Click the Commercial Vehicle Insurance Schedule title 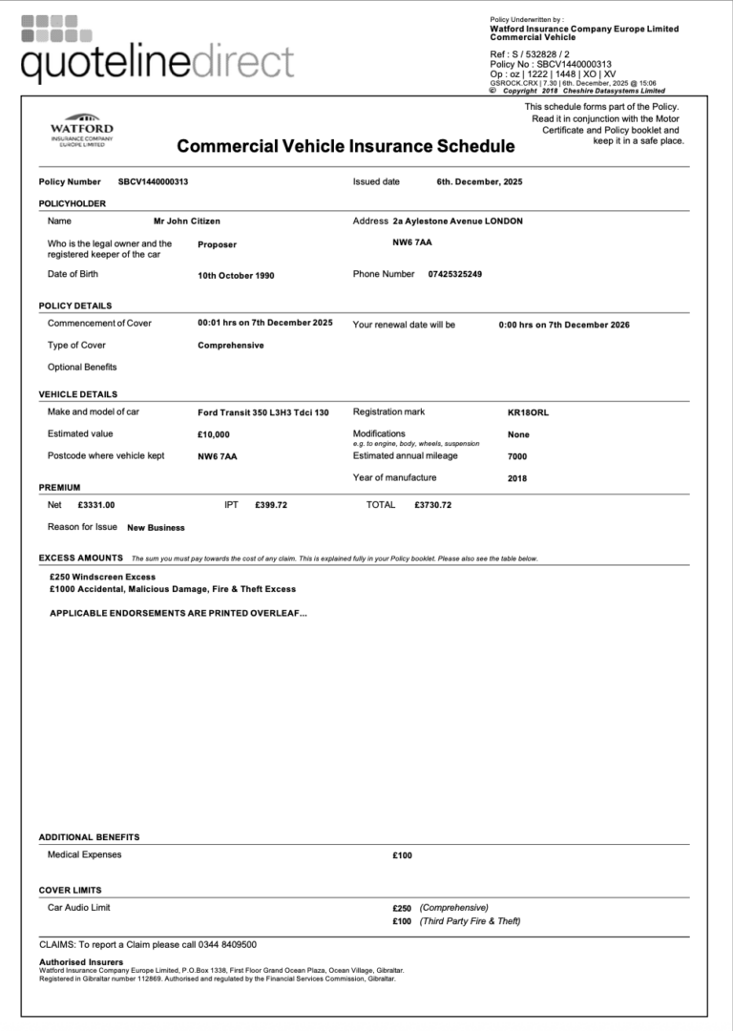346,146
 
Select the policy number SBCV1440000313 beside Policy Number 153,181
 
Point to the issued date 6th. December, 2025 479,181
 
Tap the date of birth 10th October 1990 236,275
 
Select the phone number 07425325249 454,274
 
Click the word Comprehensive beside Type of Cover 230,346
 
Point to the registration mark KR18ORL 528,412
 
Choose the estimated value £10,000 214,434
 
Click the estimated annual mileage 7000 517,456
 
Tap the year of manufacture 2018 517,478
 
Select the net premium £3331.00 96,505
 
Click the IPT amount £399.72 271,505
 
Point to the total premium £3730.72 433,505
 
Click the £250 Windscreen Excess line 102,577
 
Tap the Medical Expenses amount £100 402,855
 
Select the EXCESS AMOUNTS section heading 80,558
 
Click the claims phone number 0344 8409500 227,944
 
